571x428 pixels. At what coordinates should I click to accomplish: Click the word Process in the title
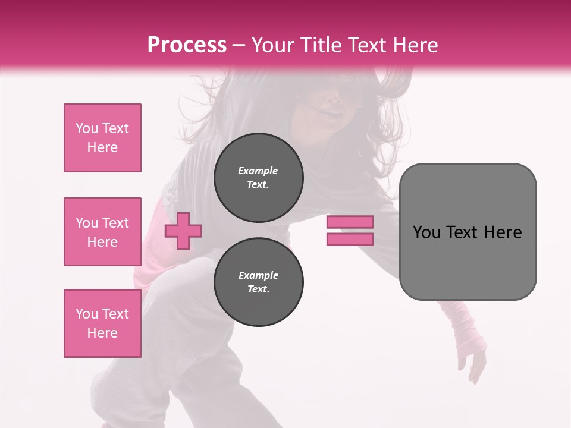coord(187,45)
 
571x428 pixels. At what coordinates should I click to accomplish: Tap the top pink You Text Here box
coord(102,138)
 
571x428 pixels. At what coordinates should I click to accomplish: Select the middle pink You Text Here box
coord(102,232)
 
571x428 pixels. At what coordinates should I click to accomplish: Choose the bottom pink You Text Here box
coord(102,323)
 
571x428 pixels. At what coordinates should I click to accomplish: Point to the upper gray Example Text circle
coord(259,177)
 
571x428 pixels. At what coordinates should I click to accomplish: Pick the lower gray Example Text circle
coord(259,282)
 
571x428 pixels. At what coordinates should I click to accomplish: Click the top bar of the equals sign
coord(350,222)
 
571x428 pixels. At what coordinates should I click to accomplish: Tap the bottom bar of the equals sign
coord(350,240)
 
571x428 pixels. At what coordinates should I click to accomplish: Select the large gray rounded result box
coord(468,262)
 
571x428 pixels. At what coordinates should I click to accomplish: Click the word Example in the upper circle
coord(258,171)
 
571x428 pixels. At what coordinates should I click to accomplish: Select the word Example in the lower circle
coord(258,275)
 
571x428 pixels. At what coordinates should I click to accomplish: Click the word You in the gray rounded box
coord(426,232)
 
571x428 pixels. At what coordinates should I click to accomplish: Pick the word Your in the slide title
coord(272,45)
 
